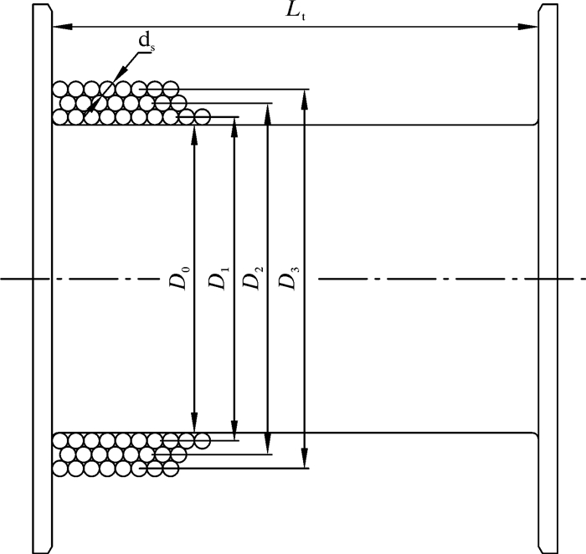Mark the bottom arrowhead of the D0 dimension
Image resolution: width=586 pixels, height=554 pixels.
pos(194,426)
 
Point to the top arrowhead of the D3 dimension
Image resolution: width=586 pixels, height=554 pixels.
pos(305,95)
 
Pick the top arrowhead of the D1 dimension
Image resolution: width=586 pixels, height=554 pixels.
pos(234,122)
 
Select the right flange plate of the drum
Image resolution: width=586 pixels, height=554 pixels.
pos(547,276)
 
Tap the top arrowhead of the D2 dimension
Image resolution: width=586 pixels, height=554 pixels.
pos(268,109)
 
